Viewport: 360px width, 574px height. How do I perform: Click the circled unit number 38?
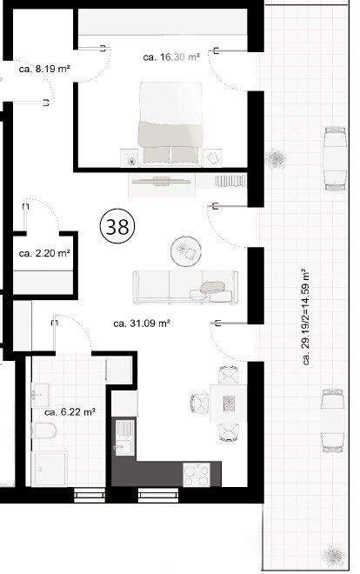pos(117,227)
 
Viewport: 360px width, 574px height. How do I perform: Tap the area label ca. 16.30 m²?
pos(171,57)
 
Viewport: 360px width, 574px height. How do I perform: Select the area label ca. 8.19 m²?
pos(44,69)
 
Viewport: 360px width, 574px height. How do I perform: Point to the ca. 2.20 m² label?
pos(44,253)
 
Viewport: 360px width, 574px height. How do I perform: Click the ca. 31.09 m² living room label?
pos(142,324)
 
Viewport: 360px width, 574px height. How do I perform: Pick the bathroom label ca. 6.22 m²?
pos(70,412)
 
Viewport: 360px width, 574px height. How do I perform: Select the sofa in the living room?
pos(185,287)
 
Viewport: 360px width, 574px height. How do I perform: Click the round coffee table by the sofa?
pos(186,251)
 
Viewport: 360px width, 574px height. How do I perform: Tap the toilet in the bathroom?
pos(43,430)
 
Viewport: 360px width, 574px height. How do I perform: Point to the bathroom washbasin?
pos(40,395)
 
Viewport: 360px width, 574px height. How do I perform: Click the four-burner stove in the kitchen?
pos(197,475)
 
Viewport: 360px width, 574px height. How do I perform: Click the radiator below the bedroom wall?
pos(230,181)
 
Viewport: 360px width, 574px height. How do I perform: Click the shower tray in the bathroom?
pos(50,469)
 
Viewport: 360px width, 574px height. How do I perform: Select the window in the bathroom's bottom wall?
pos(90,495)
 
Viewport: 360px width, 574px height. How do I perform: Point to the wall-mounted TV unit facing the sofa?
pos(162,181)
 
